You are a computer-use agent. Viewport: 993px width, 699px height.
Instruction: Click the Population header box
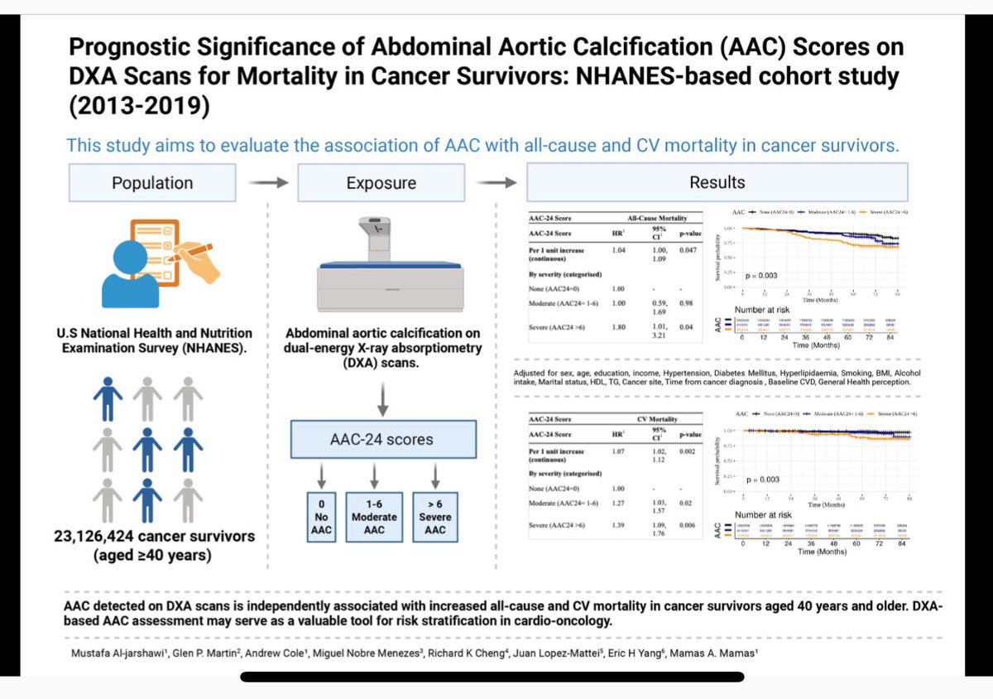pos(152,182)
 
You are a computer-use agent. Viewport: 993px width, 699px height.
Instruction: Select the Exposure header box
pos(381,182)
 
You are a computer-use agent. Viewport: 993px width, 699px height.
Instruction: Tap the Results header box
pos(717,182)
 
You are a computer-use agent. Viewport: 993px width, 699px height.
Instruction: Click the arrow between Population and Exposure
pos(266,183)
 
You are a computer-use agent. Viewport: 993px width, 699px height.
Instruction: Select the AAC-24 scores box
pos(383,439)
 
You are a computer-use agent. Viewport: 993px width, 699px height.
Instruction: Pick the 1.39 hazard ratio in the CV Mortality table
pos(617,527)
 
